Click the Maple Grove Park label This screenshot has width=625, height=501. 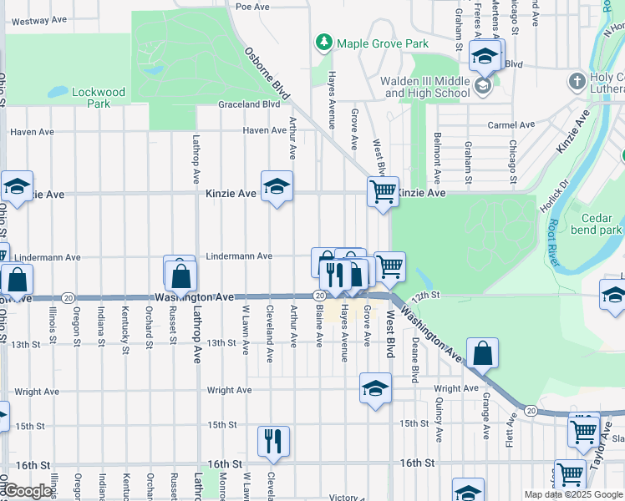[x=383, y=43]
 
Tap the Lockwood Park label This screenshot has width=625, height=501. [x=99, y=98]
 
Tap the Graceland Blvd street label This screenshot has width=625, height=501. [x=249, y=104]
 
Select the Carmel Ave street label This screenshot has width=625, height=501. [x=511, y=124]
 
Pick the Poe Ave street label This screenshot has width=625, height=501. [x=252, y=6]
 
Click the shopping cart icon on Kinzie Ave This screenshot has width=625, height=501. [x=383, y=192]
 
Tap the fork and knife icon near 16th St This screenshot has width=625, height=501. [x=272, y=441]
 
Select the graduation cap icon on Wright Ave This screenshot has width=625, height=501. [x=375, y=388]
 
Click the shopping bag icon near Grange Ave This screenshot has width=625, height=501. [x=483, y=354]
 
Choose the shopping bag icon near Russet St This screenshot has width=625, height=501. [x=180, y=272]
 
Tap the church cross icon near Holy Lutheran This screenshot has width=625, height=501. [x=577, y=81]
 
